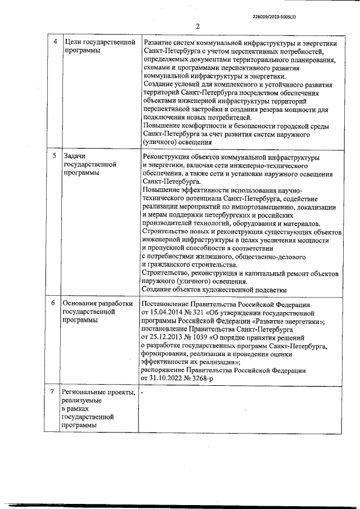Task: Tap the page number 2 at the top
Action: (198, 26)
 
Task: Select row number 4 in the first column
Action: (54, 42)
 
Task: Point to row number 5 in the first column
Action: (54, 155)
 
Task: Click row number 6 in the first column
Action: (54, 303)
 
